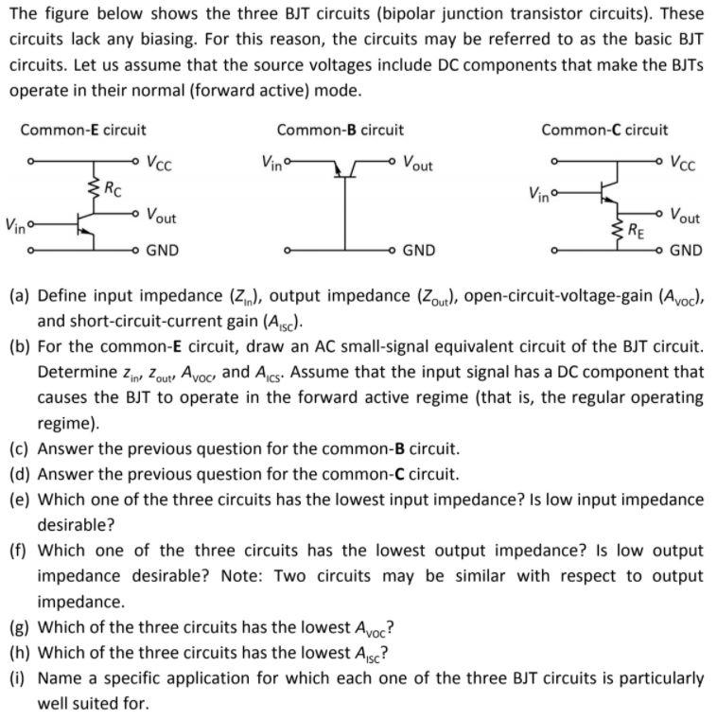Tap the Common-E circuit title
[x=83, y=130]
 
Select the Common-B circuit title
[x=340, y=130]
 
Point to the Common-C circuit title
[x=603, y=130]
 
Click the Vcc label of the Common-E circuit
[x=159, y=162]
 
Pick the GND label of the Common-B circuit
[x=419, y=251]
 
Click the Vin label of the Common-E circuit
[x=17, y=226]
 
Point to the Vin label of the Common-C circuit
[x=542, y=197]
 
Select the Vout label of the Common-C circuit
[x=685, y=217]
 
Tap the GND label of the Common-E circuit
[x=162, y=251]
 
